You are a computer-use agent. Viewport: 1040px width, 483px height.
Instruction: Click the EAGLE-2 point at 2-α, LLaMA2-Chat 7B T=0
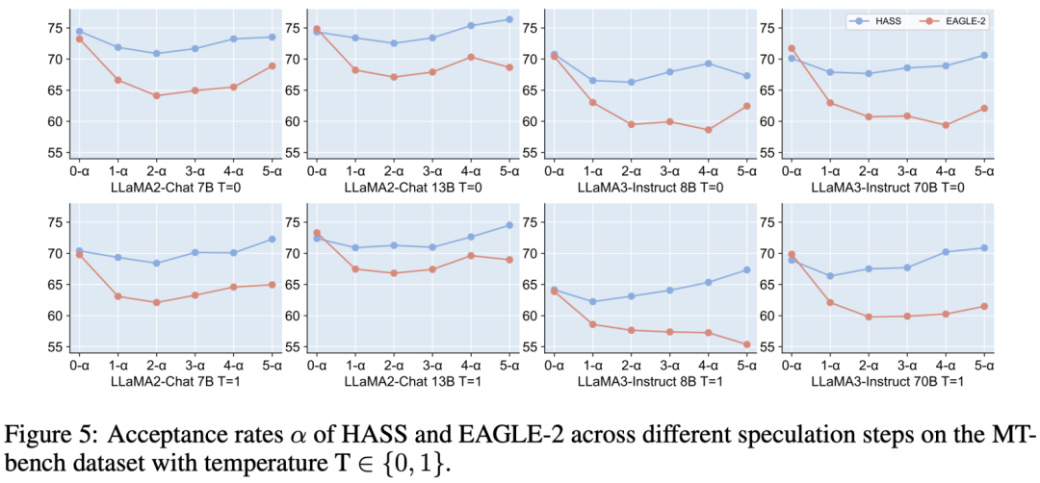[157, 95]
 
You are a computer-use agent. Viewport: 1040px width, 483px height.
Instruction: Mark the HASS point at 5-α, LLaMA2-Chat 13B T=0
[509, 19]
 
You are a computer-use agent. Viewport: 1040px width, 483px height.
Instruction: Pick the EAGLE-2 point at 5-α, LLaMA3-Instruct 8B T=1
[747, 343]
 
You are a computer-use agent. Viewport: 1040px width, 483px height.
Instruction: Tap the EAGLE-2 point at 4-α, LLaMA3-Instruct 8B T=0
[709, 130]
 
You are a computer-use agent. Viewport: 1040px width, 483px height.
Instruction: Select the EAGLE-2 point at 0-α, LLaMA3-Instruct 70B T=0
[792, 48]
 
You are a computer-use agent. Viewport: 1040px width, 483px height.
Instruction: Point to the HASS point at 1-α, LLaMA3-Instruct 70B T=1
[830, 275]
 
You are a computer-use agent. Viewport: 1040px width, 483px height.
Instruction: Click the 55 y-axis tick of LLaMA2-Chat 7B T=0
[57, 152]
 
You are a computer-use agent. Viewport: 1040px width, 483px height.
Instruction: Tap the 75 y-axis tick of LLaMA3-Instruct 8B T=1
[532, 222]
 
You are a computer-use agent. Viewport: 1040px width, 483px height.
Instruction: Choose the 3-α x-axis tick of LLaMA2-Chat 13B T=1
[432, 366]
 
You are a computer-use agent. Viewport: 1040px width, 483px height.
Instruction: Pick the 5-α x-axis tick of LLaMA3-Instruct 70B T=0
[984, 171]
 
